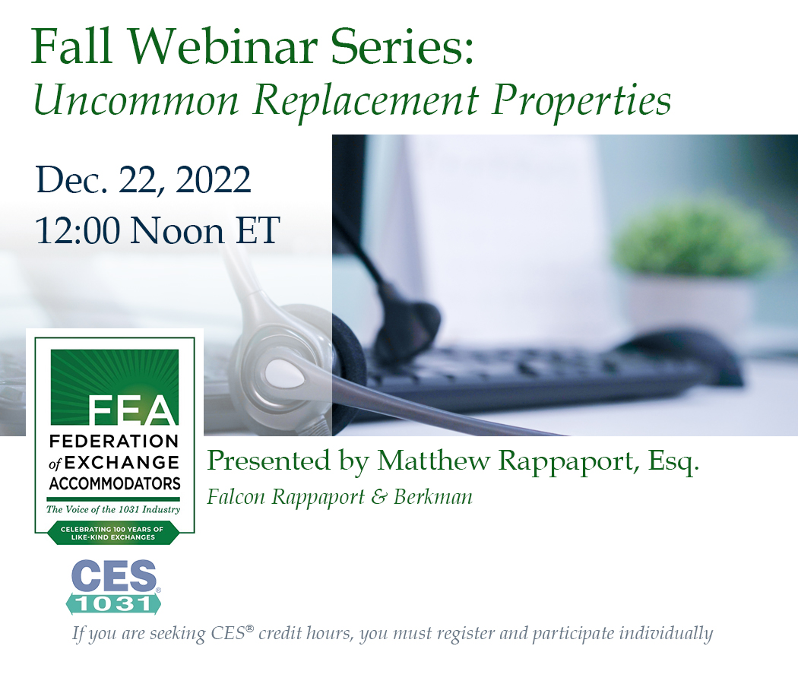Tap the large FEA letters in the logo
(x=133, y=411)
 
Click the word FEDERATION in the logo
(x=114, y=442)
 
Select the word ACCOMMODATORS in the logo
(x=114, y=483)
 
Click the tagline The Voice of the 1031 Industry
(x=114, y=509)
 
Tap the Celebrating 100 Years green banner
(x=114, y=533)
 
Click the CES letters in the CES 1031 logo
(x=114, y=578)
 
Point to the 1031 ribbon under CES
(x=114, y=603)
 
